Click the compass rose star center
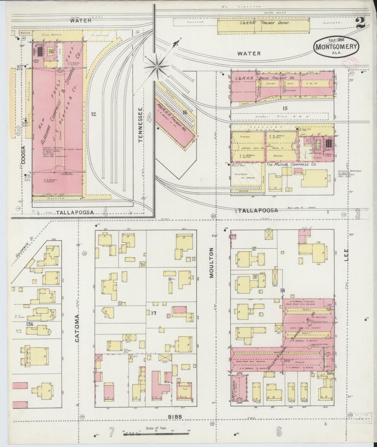point(157,67)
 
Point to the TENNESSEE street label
point(141,125)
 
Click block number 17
point(153,313)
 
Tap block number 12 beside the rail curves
point(94,114)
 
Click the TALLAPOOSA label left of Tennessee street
point(75,212)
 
